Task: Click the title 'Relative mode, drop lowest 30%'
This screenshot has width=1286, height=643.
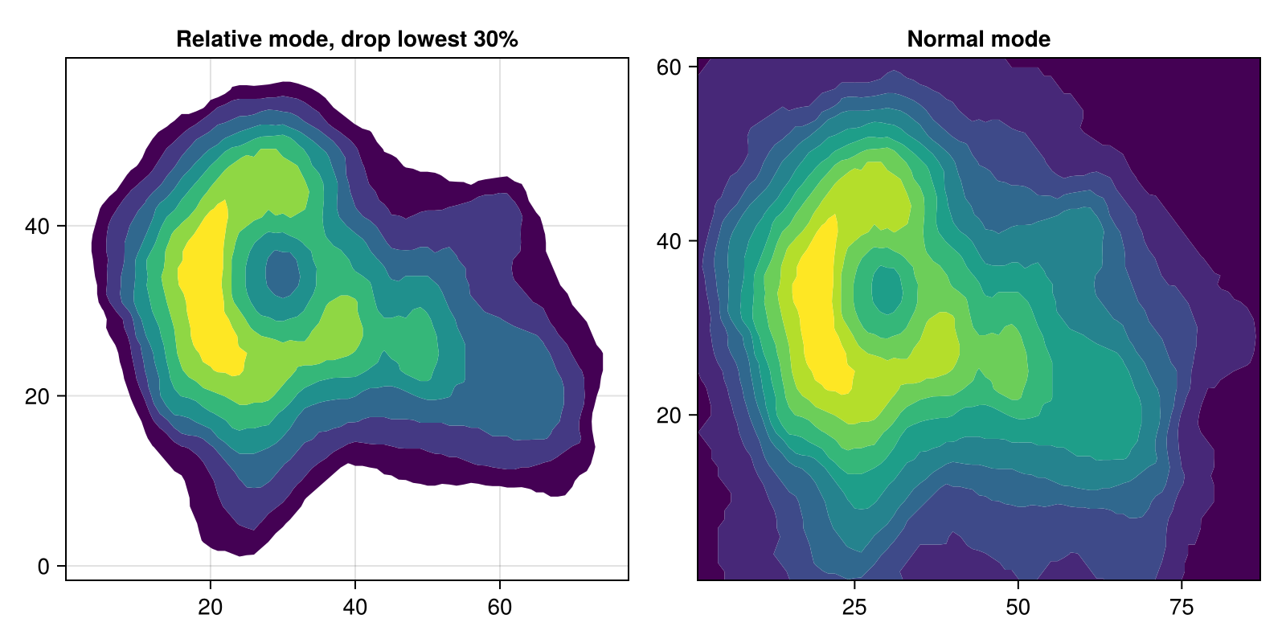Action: pyautogui.click(x=346, y=39)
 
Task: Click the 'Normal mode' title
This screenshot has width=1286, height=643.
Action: pyautogui.click(x=978, y=39)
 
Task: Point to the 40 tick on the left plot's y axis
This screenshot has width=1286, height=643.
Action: pyautogui.click(x=37, y=226)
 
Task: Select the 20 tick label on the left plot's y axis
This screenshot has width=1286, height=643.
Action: pyautogui.click(x=37, y=396)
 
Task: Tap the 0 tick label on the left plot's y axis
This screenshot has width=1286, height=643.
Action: pyautogui.click(x=43, y=567)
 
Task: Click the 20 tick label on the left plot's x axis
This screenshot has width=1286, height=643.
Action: pyautogui.click(x=211, y=607)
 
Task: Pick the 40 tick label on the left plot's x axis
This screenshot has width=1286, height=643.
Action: pyautogui.click(x=355, y=607)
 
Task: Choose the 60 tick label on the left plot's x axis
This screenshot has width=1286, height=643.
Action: pyautogui.click(x=500, y=607)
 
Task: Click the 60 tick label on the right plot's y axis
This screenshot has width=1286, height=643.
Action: pyautogui.click(x=669, y=68)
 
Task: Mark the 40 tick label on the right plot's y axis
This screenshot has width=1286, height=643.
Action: pyautogui.click(x=669, y=241)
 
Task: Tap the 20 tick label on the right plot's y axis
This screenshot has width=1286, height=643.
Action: pyautogui.click(x=669, y=416)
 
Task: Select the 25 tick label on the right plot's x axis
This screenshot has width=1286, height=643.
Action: pyautogui.click(x=855, y=607)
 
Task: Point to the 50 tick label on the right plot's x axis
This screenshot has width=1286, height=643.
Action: pyautogui.click(x=1018, y=607)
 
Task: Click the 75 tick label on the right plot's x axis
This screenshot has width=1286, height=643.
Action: pyautogui.click(x=1182, y=607)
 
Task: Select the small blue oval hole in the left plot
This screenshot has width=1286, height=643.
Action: pyautogui.click(x=282, y=274)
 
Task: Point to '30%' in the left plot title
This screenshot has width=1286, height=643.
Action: pyautogui.click(x=495, y=39)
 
